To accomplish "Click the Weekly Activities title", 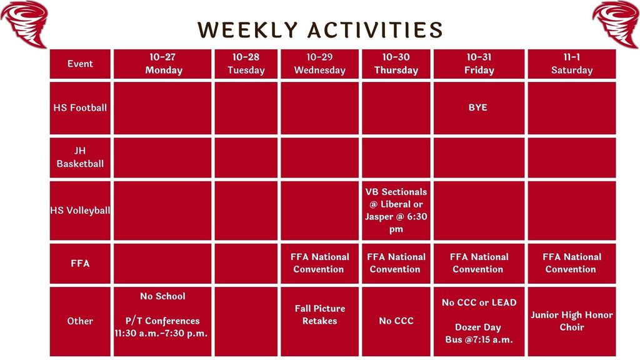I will point(320,29).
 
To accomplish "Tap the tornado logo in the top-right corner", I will point(616,23).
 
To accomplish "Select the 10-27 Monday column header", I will point(163,64).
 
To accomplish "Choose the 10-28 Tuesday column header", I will point(246,64).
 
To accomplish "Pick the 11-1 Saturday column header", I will point(571,64).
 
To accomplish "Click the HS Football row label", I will point(80,107).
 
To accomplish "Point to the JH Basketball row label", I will point(80,157).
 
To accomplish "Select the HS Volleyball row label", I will point(80,211).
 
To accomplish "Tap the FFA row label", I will point(80,263).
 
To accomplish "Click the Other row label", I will point(80,321).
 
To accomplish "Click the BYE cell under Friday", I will point(478,107).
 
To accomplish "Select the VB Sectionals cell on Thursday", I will point(396,211).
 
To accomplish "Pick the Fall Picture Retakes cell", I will point(319,315).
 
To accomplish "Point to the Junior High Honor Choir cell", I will point(571,321).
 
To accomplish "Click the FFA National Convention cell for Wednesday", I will point(319,263).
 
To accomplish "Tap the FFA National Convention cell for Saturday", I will point(571,263).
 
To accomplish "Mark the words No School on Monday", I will point(162,296).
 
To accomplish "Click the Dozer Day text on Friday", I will point(478,327).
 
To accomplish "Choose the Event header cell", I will point(80,64).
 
